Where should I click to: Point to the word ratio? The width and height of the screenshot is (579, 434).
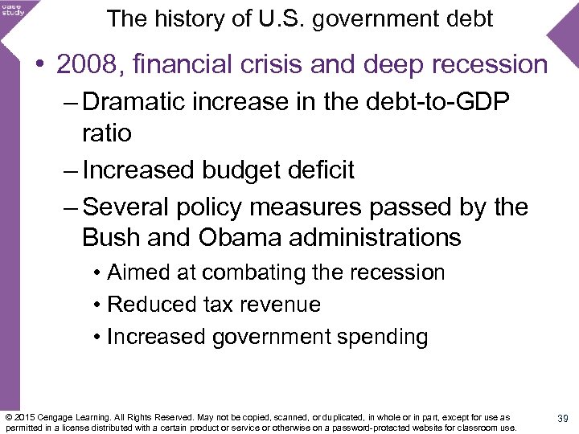[x=106, y=133]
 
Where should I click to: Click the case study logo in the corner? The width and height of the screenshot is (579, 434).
[x=13, y=10]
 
